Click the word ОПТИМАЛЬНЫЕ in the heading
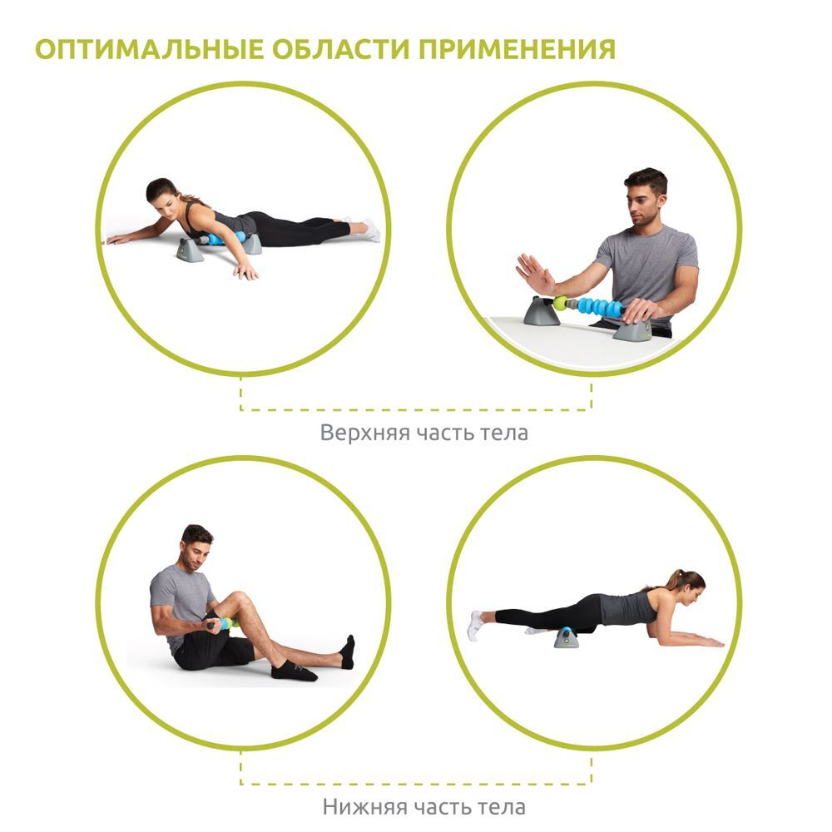pyautogui.click(x=149, y=49)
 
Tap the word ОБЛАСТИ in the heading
pyautogui.click(x=340, y=49)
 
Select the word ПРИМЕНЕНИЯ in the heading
pyautogui.click(x=517, y=49)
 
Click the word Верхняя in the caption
pyautogui.click(x=365, y=433)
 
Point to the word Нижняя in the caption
pyautogui.click(x=365, y=807)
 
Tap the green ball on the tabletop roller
pyautogui.click(x=560, y=303)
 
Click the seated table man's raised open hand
pyautogui.click(x=535, y=274)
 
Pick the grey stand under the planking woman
pyautogui.click(x=566, y=637)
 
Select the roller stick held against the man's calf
pyautogui.click(x=222, y=623)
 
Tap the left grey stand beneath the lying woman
pyautogui.click(x=190, y=250)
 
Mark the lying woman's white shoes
pyautogui.click(x=370, y=230)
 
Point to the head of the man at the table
pyautogui.click(x=646, y=196)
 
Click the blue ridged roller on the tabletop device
pyautogui.click(x=600, y=308)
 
